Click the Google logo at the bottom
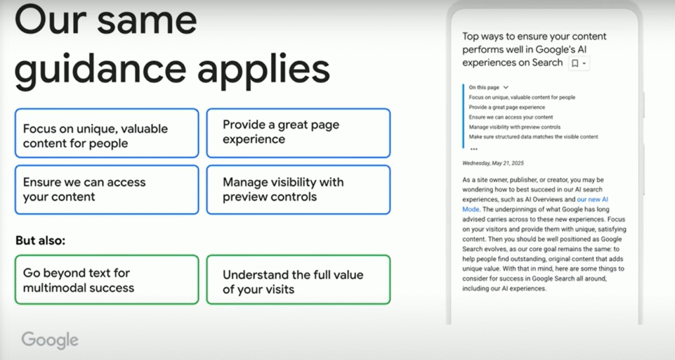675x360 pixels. [50, 340]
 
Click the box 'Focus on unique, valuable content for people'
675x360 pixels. [107, 133]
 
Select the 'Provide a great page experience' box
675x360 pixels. [299, 133]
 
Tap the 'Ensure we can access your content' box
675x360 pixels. [107, 189]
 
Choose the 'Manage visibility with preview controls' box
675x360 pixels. [299, 189]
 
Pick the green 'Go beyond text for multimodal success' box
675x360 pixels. [107, 280]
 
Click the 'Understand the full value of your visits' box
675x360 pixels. [299, 280]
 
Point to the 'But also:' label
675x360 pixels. [40, 240]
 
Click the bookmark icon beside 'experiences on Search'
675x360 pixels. [575, 63]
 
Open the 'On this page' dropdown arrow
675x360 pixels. [506, 88]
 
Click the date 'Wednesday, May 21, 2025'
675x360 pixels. [493, 164]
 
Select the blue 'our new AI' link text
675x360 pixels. [593, 199]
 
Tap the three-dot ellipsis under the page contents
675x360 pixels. [474, 149]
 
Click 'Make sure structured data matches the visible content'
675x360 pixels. [533, 137]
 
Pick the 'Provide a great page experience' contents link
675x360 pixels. [507, 107]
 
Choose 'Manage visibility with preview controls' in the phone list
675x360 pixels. [514, 127]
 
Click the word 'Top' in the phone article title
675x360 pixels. [471, 37]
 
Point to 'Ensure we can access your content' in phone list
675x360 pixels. [511, 117]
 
